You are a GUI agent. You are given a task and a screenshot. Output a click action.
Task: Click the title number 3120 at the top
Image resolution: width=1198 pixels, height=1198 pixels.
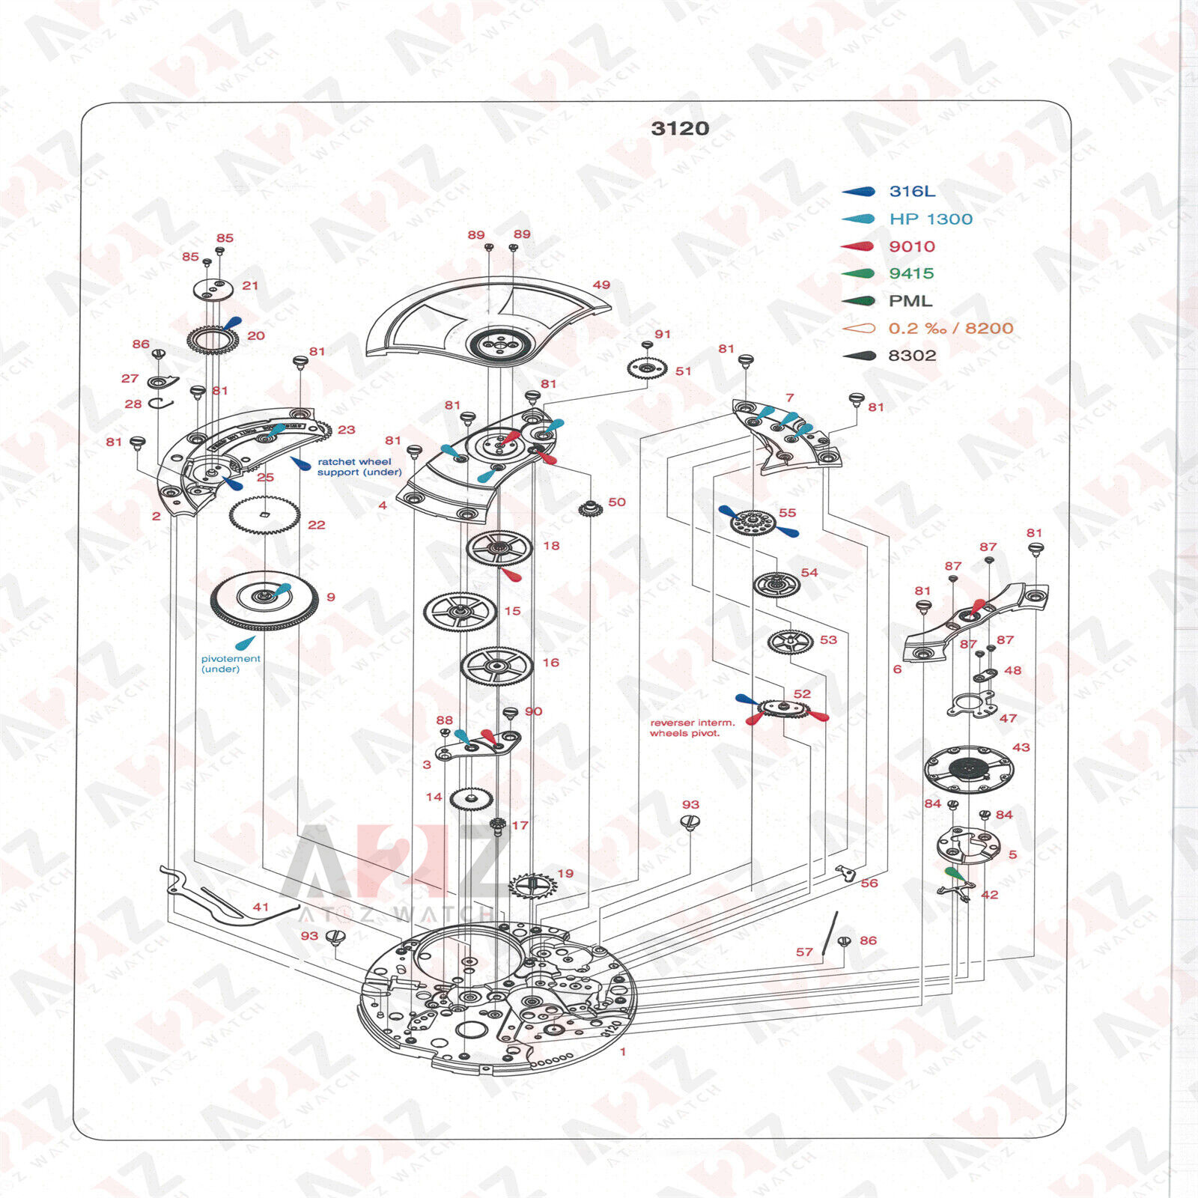(x=680, y=128)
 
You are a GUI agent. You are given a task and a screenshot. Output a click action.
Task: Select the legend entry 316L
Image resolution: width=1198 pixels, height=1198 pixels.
(x=912, y=191)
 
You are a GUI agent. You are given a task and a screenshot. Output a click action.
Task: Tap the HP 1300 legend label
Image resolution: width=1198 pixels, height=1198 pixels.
(x=931, y=219)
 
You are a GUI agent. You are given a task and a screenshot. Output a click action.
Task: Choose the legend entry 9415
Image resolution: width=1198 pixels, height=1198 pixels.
(x=911, y=273)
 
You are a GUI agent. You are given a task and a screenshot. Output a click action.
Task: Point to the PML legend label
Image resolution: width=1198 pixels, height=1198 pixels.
(x=910, y=301)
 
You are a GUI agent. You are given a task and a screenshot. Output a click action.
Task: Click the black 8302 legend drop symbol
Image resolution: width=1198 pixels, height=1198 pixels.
(x=859, y=356)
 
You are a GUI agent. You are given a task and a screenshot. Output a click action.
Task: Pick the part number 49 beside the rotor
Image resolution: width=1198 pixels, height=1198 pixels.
(x=601, y=285)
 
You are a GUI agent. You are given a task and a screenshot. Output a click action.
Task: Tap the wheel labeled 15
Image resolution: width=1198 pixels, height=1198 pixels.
(x=460, y=612)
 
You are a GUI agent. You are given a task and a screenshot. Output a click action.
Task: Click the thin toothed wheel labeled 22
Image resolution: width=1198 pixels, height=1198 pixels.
(x=264, y=515)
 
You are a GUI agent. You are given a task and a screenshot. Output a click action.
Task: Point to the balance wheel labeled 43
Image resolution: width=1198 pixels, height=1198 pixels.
(x=969, y=768)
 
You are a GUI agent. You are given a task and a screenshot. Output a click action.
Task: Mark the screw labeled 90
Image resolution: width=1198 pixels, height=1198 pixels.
(x=511, y=714)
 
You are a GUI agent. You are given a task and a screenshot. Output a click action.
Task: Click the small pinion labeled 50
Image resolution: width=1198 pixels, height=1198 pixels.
(x=591, y=508)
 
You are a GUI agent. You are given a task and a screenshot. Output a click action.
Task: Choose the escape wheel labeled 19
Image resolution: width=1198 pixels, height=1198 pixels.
(x=533, y=887)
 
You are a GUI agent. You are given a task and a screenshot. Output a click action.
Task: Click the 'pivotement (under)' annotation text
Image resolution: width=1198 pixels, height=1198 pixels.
(x=231, y=664)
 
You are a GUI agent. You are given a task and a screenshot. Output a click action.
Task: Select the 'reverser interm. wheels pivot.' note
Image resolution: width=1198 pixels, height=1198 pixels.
(x=692, y=728)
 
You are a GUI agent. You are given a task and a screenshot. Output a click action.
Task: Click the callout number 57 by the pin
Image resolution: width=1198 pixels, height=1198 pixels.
(x=804, y=952)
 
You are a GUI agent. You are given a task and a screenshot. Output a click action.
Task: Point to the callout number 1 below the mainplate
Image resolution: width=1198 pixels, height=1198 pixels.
(x=623, y=1051)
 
